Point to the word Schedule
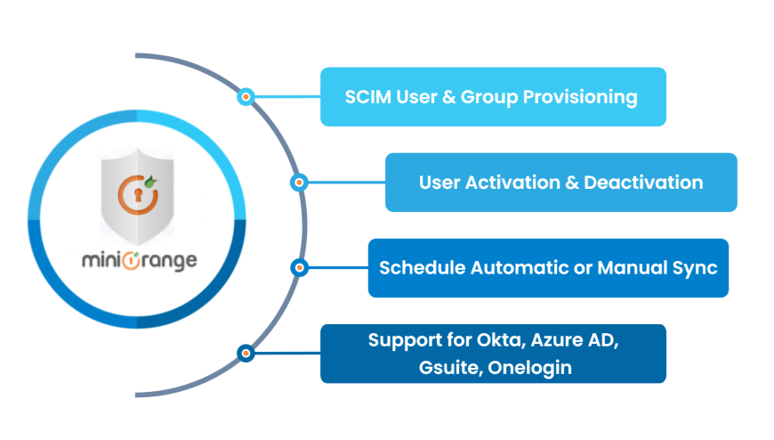[422, 268]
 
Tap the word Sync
[697, 268]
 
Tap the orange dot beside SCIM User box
[246, 96]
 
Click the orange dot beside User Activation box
[300, 182]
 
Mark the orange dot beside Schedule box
[300, 267]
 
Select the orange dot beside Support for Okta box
[246, 353]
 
